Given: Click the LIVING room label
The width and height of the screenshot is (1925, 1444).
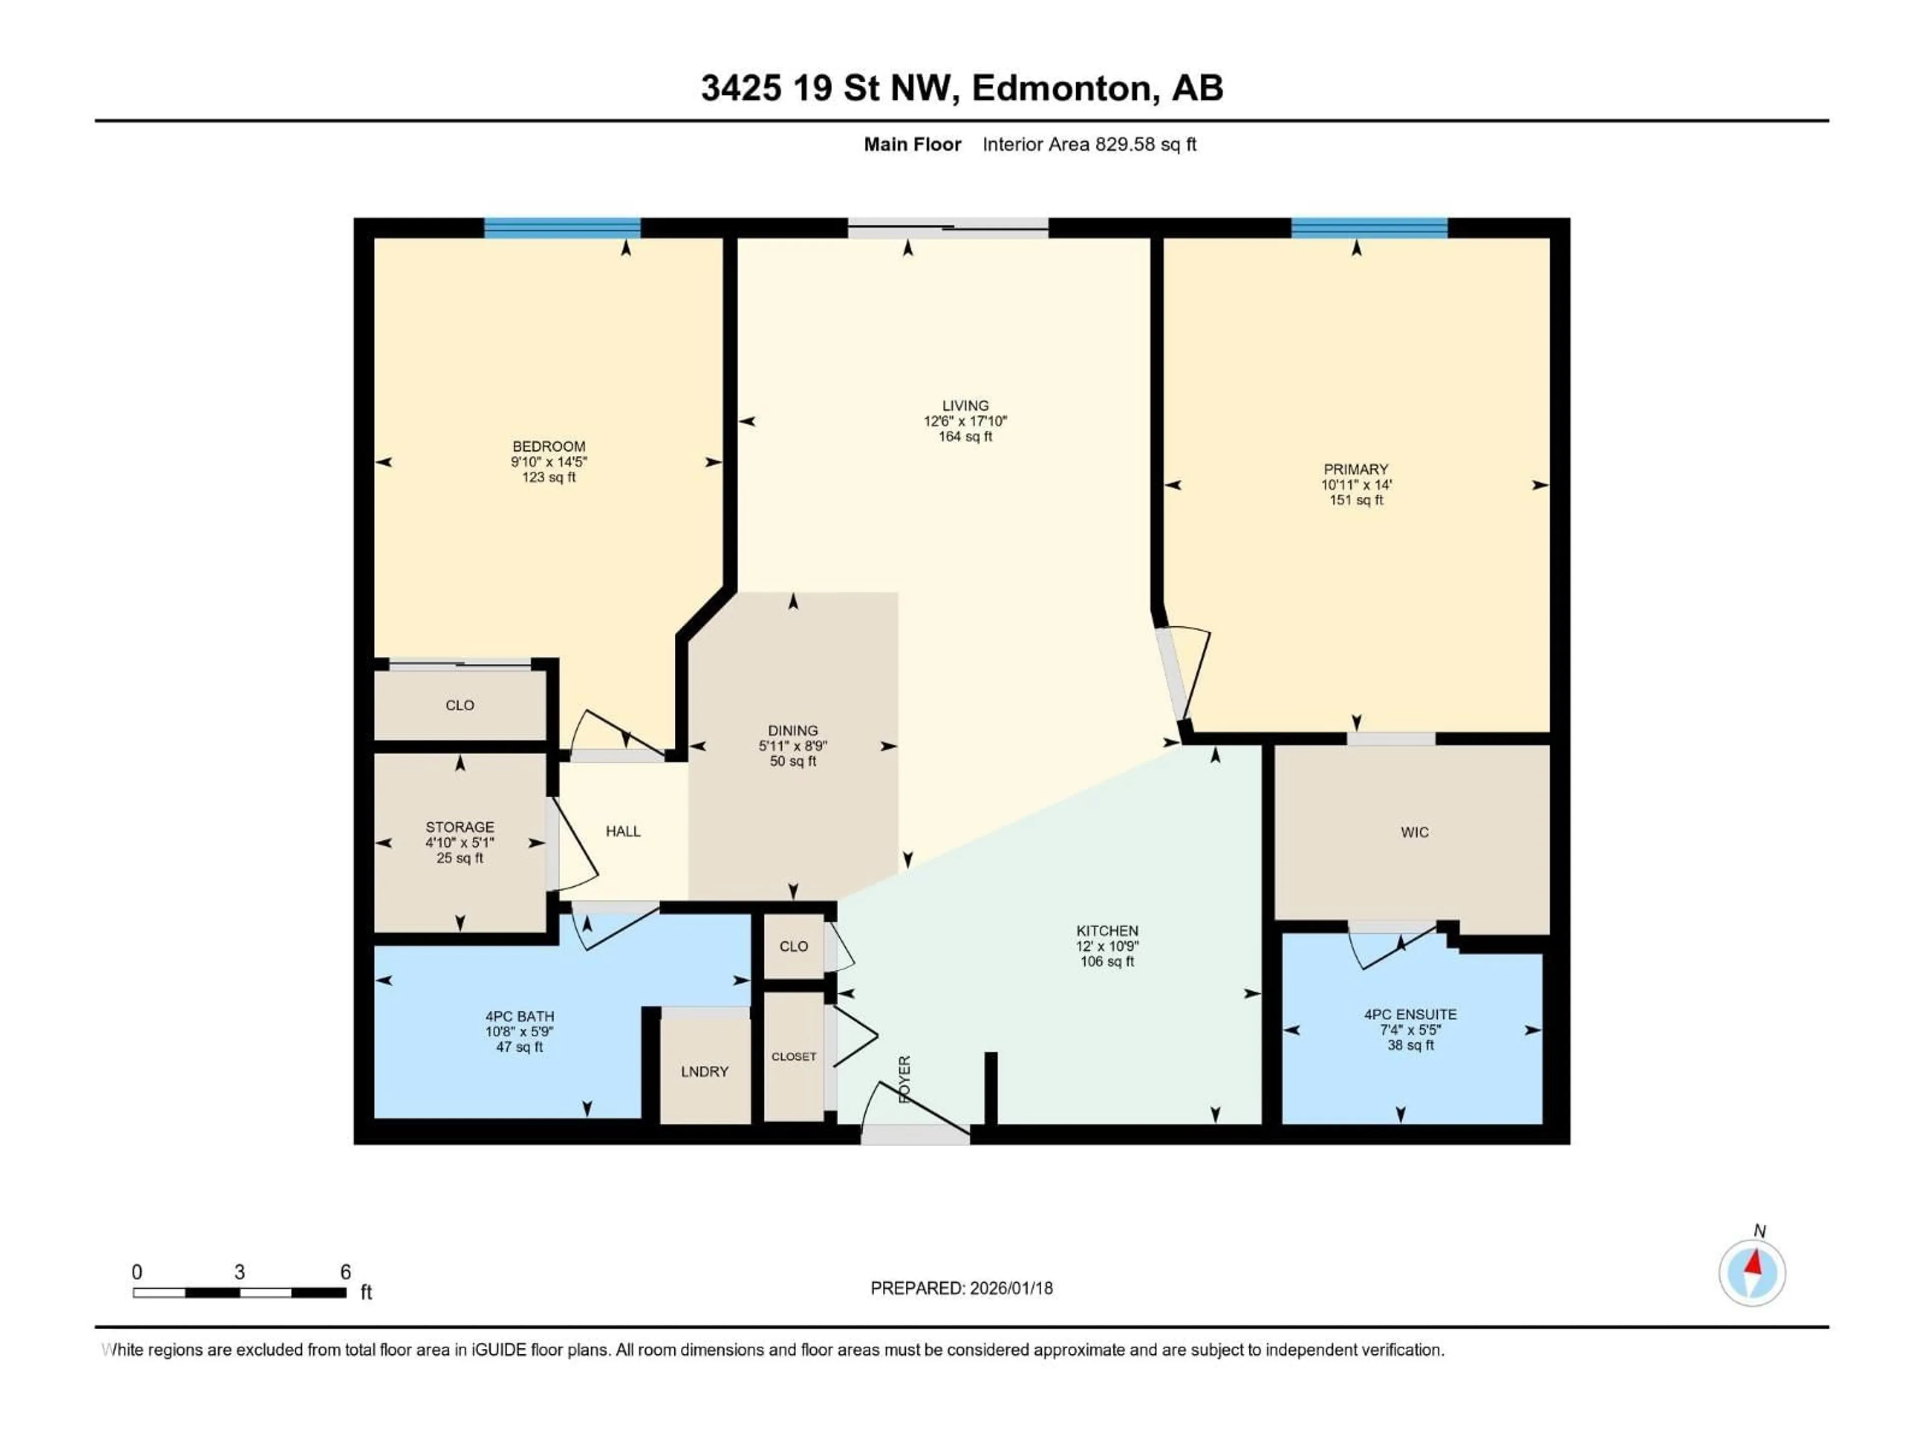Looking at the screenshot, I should coord(965,406).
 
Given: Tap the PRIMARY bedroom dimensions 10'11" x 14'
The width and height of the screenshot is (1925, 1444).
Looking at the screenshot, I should coord(1356,485).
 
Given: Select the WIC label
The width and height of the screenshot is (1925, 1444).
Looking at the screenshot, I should coord(1414,832).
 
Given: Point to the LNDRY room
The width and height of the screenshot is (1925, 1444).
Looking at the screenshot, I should coord(704,1071).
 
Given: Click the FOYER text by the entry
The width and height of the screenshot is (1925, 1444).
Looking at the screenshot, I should coord(904,1080).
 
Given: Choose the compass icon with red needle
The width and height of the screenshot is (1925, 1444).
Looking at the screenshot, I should coord(1752,1273).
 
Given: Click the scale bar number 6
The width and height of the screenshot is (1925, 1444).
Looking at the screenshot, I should coord(345,1272).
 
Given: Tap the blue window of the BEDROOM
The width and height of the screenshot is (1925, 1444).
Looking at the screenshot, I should coord(562,228).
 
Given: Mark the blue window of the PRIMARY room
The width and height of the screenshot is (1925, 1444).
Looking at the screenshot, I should coord(1369,228).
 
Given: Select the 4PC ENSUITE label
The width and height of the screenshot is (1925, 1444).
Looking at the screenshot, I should coord(1410,1014).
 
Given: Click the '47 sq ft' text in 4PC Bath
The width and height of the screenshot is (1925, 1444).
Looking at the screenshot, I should coord(519,1047).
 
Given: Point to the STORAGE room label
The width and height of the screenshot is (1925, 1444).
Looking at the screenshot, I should coord(460,827).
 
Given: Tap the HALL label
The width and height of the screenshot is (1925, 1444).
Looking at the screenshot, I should coord(623,831).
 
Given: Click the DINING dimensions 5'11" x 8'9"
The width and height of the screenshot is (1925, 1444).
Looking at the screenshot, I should coord(792,746).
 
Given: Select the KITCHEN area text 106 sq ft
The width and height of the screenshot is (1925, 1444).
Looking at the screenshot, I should coord(1107,962).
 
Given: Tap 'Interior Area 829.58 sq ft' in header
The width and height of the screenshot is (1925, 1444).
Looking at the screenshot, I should coord(1089,144).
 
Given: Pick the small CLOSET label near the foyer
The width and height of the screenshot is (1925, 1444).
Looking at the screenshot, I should coord(794,1056).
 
